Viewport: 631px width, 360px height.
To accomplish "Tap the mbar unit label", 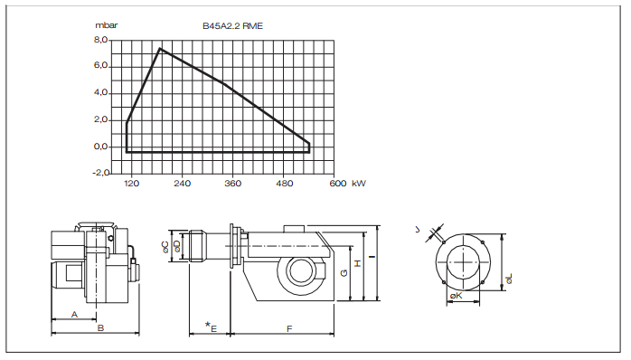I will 108,28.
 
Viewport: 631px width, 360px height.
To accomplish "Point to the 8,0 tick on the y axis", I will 100,41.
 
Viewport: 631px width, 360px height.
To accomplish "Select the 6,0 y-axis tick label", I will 100,67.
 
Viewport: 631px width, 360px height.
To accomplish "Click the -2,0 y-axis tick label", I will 99,172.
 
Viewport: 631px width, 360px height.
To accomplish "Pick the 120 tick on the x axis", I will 131,184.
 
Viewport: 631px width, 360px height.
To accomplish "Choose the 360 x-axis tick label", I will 233,184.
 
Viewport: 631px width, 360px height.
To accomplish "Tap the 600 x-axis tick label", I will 336,184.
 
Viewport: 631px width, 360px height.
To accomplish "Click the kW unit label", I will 359,184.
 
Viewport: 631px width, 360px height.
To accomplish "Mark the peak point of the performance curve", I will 160,49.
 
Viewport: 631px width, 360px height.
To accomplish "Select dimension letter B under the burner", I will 100,328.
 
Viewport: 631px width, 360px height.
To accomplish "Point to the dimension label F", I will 288,328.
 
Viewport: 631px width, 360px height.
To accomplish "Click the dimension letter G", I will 343,272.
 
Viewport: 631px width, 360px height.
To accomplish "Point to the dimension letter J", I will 430,230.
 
